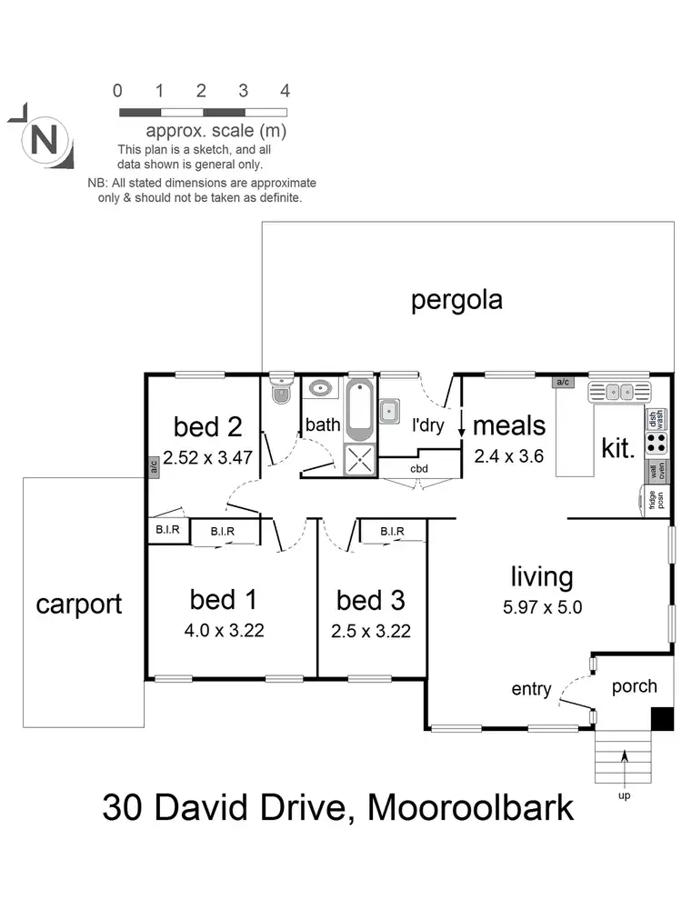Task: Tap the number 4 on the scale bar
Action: click(285, 90)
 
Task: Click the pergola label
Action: click(456, 300)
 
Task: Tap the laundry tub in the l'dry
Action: click(391, 410)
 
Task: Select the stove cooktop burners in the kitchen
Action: click(654, 445)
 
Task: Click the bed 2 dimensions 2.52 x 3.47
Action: click(208, 458)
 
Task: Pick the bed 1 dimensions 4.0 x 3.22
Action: click(224, 630)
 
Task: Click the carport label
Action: click(79, 604)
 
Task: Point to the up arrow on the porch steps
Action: click(627, 762)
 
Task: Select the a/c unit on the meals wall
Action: click(562, 383)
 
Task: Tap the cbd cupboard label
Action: click(419, 469)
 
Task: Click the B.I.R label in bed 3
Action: click(393, 531)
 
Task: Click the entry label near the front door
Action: click(531, 690)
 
